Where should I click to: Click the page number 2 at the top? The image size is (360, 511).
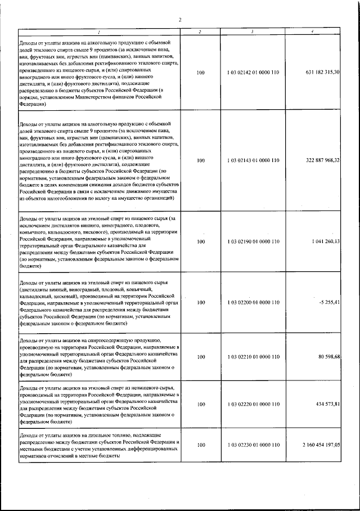pos(180,21)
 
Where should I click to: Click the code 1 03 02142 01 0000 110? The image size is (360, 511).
pos(253,73)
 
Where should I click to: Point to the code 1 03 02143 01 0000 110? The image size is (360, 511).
pos(253,160)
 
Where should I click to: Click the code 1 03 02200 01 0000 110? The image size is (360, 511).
pos(253,303)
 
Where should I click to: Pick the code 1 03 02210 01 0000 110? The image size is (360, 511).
pos(253,357)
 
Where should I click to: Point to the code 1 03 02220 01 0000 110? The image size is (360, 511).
pos(253,405)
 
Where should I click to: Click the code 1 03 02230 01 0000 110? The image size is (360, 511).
pos(253,445)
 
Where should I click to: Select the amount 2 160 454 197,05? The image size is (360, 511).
pos(319,445)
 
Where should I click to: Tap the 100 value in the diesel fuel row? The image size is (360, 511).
pos(201,445)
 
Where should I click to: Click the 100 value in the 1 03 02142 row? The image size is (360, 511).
pos(201,73)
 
